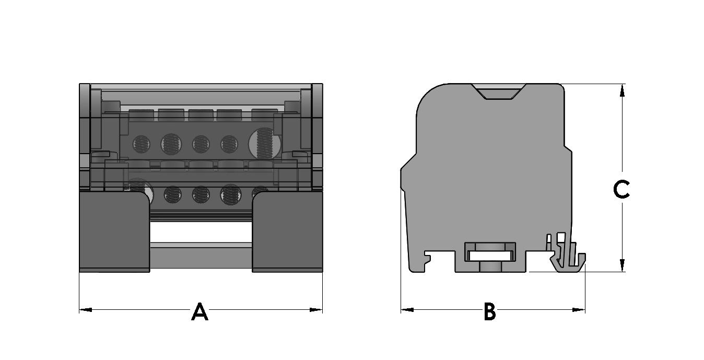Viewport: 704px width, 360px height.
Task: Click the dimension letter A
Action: tap(200, 312)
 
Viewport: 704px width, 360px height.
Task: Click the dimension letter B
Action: tap(489, 312)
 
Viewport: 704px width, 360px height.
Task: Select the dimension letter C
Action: tap(621, 190)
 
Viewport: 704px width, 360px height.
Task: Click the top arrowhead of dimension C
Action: tap(622, 90)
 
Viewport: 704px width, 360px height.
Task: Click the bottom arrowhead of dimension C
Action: tap(622, 265)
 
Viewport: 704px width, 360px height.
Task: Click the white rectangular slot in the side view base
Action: tap(490, 256)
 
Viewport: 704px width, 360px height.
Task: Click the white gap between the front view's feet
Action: tap(201, 234)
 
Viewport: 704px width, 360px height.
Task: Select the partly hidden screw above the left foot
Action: tap(139, 189)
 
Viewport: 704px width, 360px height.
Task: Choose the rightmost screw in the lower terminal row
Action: tap(260, 192)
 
